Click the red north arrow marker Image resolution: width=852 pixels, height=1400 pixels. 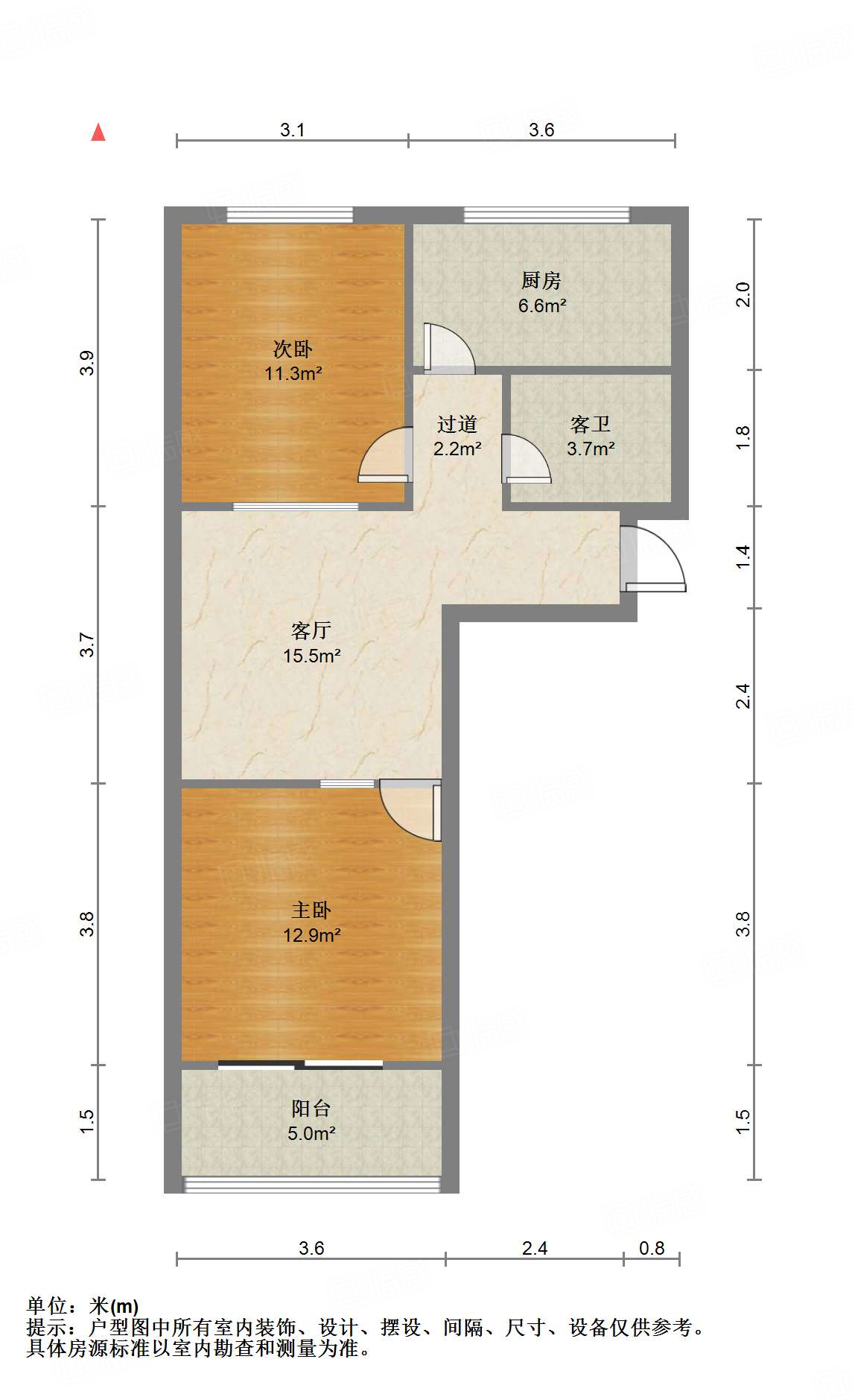(98, 133)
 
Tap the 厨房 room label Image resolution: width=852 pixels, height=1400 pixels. (541, 281)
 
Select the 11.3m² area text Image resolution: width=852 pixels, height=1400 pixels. (293, 373)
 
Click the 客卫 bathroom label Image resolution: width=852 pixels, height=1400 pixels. (590, 425)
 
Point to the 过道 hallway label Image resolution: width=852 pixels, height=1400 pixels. (457, 425)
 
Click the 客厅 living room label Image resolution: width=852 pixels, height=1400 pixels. (311, 631)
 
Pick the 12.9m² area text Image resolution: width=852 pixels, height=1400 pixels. (312, 935)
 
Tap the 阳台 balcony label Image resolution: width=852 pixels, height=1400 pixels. (311, 1109)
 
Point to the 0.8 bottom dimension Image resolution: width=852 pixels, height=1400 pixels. (652, 1248)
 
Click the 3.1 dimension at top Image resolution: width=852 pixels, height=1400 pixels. (293, 130)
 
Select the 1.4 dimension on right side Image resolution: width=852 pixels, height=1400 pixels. (743, 557)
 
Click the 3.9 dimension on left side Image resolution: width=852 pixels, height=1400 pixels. (87, 363)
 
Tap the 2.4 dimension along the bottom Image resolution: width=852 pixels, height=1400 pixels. (535, 1248)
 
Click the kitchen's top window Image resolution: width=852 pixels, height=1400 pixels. (547, 215)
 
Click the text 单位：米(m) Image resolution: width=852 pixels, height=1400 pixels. (83, 1306)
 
